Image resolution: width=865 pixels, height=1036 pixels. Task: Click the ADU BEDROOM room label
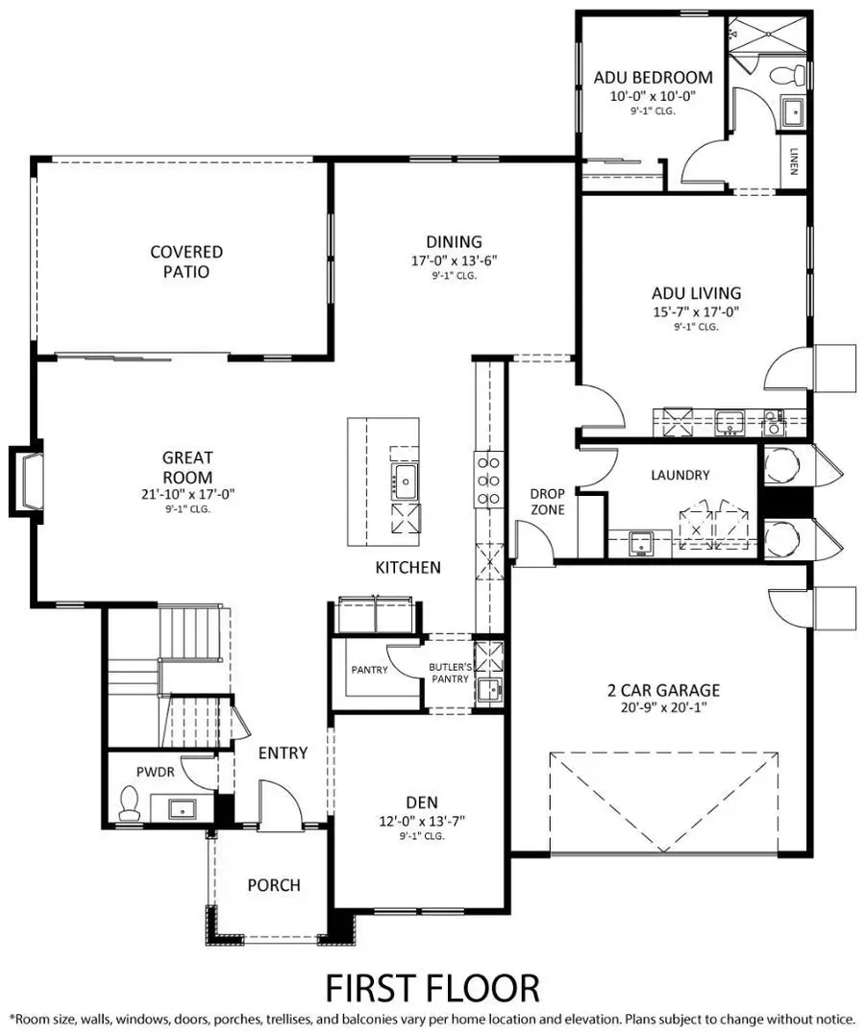(x=653, y=77)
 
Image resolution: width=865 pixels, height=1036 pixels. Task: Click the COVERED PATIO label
(x=186, y=261)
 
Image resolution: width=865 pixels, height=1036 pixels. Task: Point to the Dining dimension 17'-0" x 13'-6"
(x=455, y=260)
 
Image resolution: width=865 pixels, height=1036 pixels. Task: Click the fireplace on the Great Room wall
(x=27, y=477)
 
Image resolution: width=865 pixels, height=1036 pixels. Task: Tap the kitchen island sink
(x=404, y=481)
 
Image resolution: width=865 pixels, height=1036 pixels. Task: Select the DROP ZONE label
(x=548, y=502)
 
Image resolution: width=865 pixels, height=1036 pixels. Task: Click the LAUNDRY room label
(x=680, y=475)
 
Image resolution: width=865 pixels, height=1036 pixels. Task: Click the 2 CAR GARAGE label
(x=663, y=690)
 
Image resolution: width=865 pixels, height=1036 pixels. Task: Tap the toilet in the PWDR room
(x=129, y=803)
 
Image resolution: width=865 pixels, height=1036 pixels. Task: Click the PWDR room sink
(x=183, y=807)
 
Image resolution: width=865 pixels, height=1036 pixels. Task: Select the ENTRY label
(x=283, y=752)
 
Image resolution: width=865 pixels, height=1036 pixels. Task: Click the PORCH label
(x=274, y=885)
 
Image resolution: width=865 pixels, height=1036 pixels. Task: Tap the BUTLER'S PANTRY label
(x=449, y=672)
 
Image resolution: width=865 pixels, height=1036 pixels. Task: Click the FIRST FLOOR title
(x=432, y=987)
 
